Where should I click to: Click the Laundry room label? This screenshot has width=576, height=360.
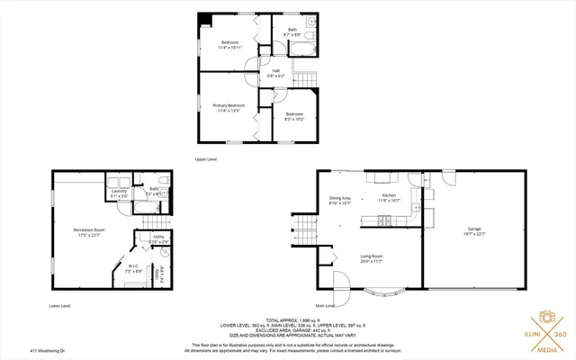point(118,191)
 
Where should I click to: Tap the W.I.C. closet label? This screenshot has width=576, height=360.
point(131,265)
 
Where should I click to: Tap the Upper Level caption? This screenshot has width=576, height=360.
point(205,158)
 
